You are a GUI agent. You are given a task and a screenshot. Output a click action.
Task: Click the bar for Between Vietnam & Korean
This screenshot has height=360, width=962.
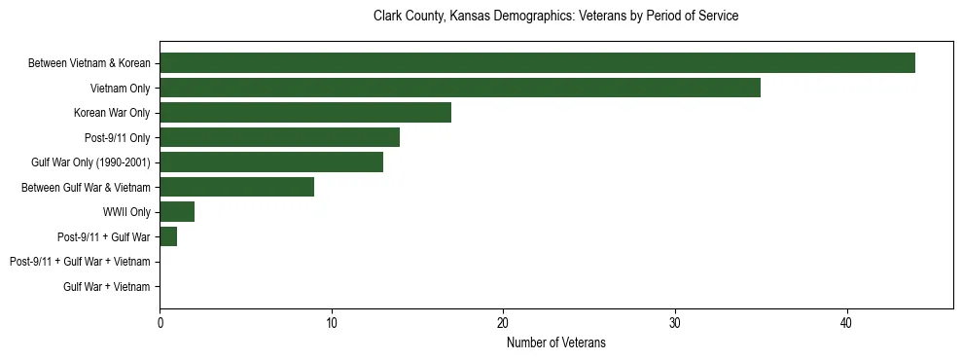pyautogui.click(x=537, y=63)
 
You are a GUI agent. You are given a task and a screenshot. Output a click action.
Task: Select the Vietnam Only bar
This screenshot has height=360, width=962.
pyautogui.click(x=460, y=88)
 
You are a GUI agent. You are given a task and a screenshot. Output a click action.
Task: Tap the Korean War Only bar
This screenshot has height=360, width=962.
pyautogui.click(x=305, y=113)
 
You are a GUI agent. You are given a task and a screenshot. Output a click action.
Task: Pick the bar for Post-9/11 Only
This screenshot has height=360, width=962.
pyautogui.click(x=279, y=137)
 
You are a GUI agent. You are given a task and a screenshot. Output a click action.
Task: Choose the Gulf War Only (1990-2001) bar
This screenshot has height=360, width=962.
pyautogui.click(x=271, y=162)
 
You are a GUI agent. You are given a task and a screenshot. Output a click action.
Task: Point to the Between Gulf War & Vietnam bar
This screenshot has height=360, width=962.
pyautogui.click(x=236, y=187)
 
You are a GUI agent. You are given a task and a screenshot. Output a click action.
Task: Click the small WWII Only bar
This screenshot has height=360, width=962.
pyautogui.click(x=177, y=212)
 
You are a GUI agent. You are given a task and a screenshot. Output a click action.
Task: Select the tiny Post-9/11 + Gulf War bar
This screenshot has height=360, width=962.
pyautogui.click(x=168, y=236)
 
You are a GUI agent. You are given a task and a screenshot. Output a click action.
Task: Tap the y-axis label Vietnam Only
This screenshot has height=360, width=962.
pyautogui.click(x=120, y=89)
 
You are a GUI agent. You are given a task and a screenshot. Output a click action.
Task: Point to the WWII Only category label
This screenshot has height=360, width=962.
pyautogui.click(x=126, y=212)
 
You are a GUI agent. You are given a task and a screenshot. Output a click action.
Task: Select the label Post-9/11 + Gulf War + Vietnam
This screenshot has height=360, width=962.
pyautogui.click(x=80, y=262)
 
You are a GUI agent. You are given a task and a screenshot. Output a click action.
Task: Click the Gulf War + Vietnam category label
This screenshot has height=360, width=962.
pyautogui.click(x=107, y=287)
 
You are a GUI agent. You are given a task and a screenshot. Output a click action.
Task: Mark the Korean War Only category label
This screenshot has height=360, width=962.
pyautogui.click(x=112, y=113)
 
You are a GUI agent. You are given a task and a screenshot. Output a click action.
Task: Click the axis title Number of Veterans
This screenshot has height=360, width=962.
pyautogui.click(x=555, y=342)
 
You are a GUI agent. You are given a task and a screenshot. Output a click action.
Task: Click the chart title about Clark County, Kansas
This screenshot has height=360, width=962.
pyautogui.click(x=555, y=17)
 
